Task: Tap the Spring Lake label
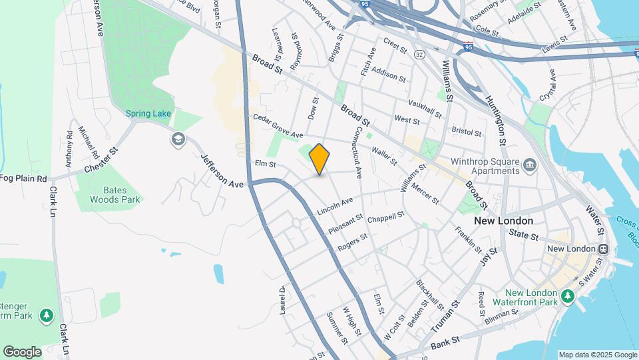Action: click(x=148, y=114)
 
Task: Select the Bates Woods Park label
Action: click(x=114, y=195)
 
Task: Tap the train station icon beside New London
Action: click(x=602, y=249)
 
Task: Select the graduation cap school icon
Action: click(x=178, y=139)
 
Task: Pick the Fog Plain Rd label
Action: click(x=23, y=179)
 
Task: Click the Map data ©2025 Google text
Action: click(x=597, y=355)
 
